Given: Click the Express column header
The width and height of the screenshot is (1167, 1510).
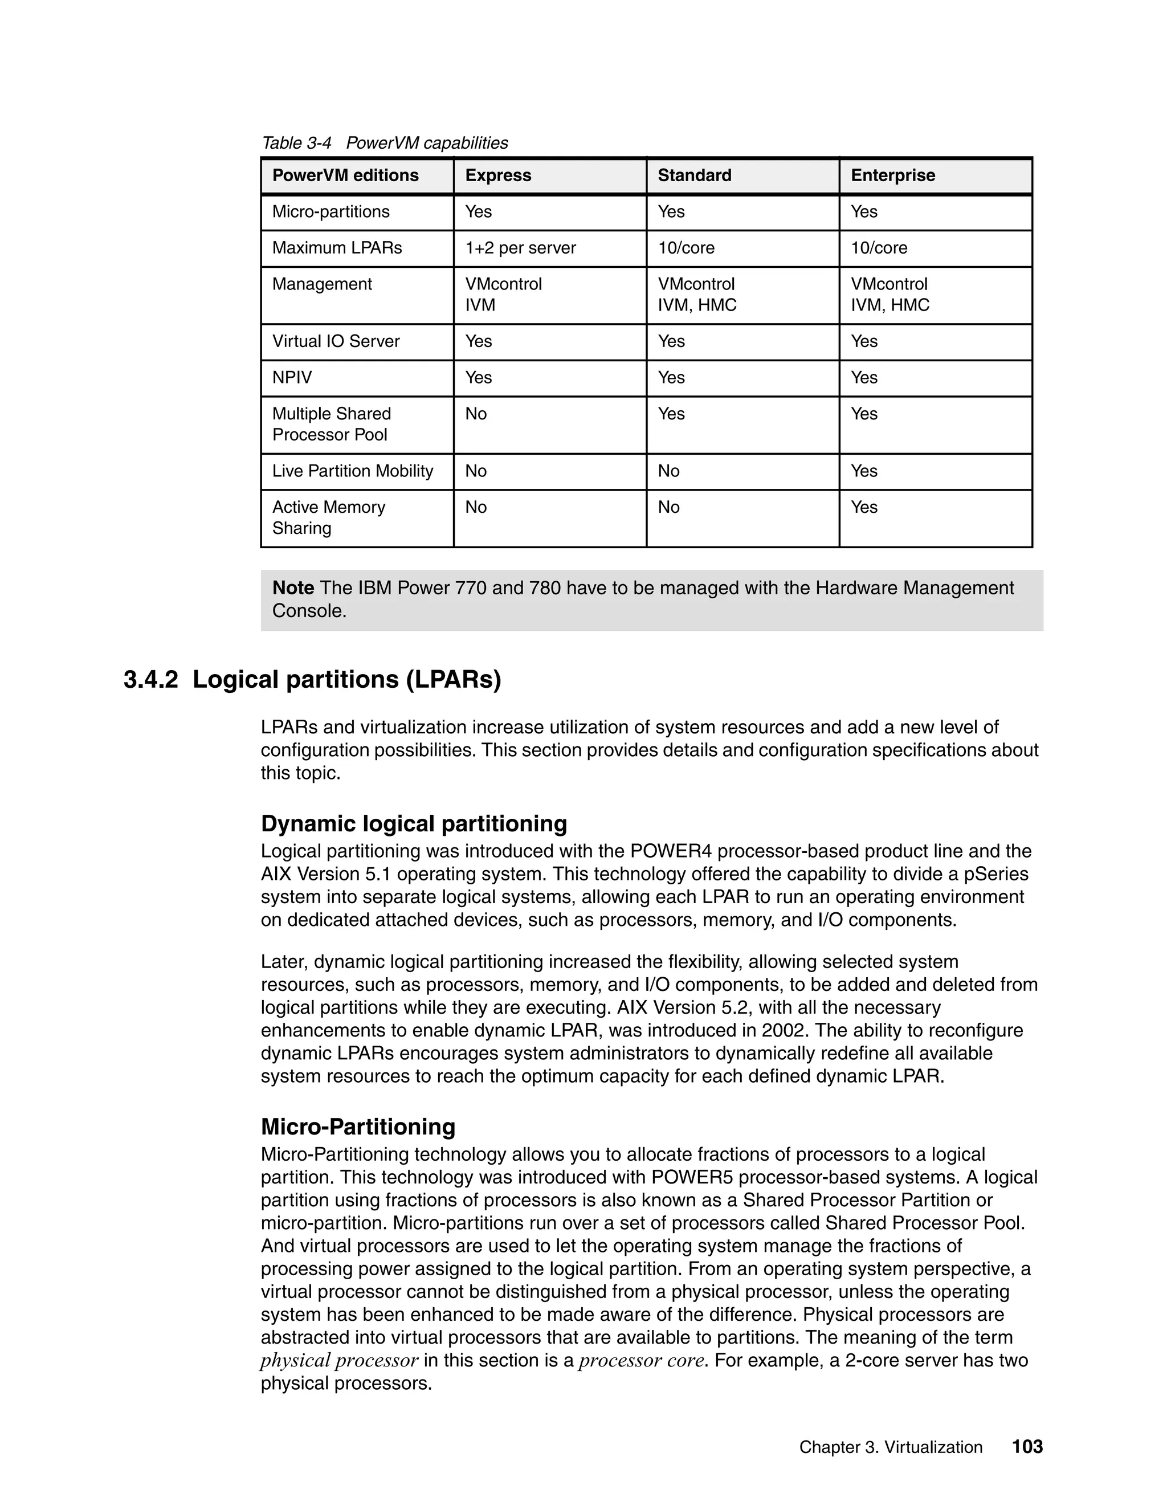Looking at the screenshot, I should click(498, 176).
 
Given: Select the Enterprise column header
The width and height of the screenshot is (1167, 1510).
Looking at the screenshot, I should click(892, 176).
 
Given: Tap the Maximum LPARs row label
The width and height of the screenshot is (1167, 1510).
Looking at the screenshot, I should click(337, 248).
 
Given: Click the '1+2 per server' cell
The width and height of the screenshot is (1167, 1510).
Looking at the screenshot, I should click(520, 248).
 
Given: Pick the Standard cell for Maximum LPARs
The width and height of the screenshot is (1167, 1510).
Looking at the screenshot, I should click(686, 248).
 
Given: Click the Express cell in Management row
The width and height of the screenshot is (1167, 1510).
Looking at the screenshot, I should click(503, 295).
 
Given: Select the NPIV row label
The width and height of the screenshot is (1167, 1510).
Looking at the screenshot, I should click(292, 377).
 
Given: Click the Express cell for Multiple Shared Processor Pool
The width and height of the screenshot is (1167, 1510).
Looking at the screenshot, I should click(476, 414).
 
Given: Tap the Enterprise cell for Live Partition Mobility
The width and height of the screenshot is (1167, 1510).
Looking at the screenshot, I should click(864, 472).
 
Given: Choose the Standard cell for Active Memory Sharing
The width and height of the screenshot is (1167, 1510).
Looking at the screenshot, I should click(668, 508).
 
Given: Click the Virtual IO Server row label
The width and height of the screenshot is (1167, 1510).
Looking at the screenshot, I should click(336, 341).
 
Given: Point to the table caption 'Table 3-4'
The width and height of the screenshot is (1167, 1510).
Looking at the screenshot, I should click(296, 143).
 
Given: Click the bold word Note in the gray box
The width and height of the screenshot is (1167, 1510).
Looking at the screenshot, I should click(293, 589).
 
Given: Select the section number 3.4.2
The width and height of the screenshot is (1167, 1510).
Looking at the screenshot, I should click(150, 680).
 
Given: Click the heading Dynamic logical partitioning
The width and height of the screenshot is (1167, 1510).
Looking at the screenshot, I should click(414, 824).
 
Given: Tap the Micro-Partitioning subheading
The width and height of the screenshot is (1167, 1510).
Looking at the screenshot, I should click(357, 1127).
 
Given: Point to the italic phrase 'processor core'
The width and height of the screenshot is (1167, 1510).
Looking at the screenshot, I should click(642, 1361).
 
